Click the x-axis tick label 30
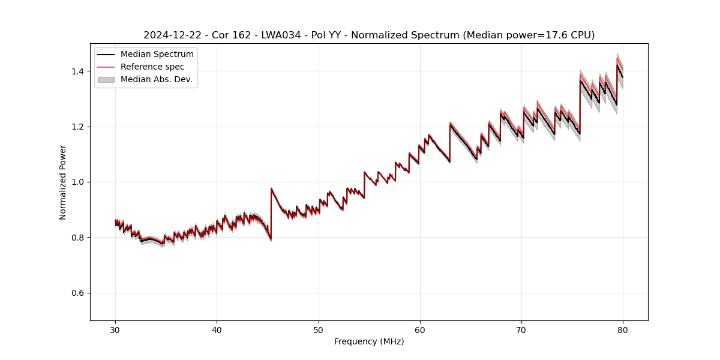(115, 329)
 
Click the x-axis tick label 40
(217, 329)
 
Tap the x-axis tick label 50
(319, 329)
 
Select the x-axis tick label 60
(420, 329)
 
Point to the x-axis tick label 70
(521, 329)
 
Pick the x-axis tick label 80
(623, 329)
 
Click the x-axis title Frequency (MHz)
(369, 341)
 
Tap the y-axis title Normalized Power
(63, 182)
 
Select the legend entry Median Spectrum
(157, 55)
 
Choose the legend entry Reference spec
(152, 67)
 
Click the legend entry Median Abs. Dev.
(156, 79)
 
